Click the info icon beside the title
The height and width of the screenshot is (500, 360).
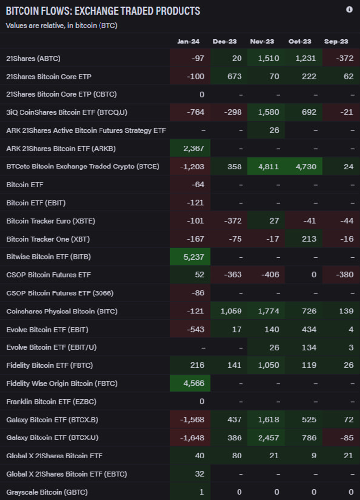(x=349, y=10)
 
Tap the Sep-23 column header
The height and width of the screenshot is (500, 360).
(x=337, y=42)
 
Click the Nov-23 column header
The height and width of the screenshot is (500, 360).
(x=262, y=42)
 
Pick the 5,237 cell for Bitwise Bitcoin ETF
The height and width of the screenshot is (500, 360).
(x=194, y=257)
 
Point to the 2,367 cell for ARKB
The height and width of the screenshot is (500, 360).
(x=194, y=148)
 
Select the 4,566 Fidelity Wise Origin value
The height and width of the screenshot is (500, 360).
(x=194, y=383)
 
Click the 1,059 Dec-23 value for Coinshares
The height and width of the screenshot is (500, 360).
(x=231, y=311)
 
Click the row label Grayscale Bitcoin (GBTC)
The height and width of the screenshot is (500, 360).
(x=47, y=492)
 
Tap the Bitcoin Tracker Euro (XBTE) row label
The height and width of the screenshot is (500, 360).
(x=51, y=221)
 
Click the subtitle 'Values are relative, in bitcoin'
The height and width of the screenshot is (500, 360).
(x=61, y=25)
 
